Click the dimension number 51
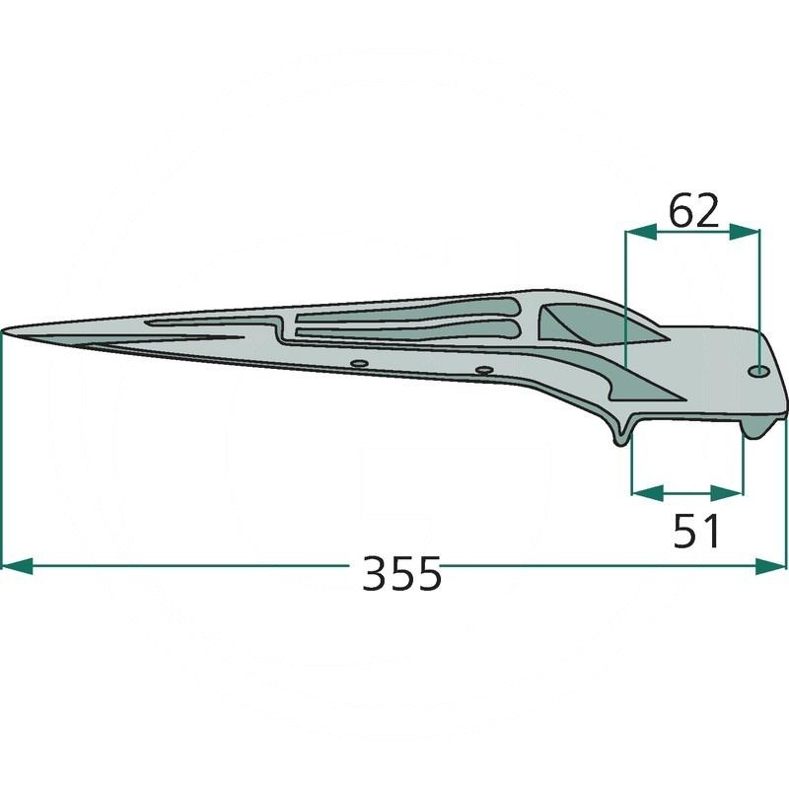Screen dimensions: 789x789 click(696, 531)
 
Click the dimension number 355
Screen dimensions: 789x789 click(401, 573)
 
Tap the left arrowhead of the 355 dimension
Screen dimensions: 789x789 click(18, 565)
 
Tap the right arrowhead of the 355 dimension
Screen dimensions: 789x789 click(770, 565)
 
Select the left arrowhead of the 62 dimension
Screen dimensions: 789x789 click(640, 232)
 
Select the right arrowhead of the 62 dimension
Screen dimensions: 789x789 click(745, 232)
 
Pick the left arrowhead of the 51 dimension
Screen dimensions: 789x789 click(648, 493)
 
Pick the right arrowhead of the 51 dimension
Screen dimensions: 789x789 click(727, 493)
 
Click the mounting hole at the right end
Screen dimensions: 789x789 click(758, 372)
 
